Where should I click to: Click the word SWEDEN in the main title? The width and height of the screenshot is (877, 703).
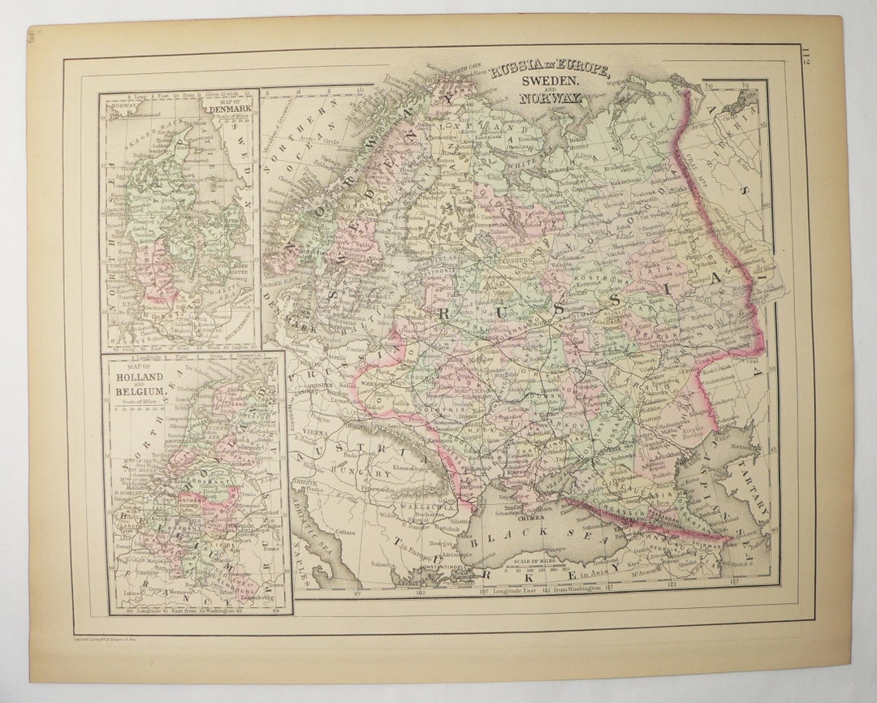[x=550, y=82]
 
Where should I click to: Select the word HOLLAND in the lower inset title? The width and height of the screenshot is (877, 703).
[x=140, y=377]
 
